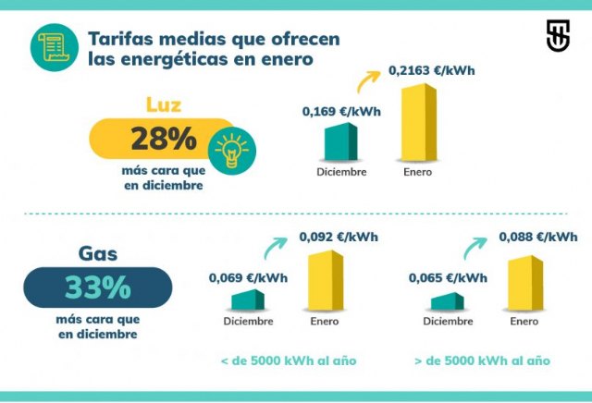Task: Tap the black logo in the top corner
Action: [558, 35]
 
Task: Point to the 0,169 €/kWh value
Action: [341, 111]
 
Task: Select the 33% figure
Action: [97, 287]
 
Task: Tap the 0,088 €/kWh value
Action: [538, 237]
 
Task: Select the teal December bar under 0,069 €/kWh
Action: [247, 301]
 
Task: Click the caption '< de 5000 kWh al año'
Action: [288, 360]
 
